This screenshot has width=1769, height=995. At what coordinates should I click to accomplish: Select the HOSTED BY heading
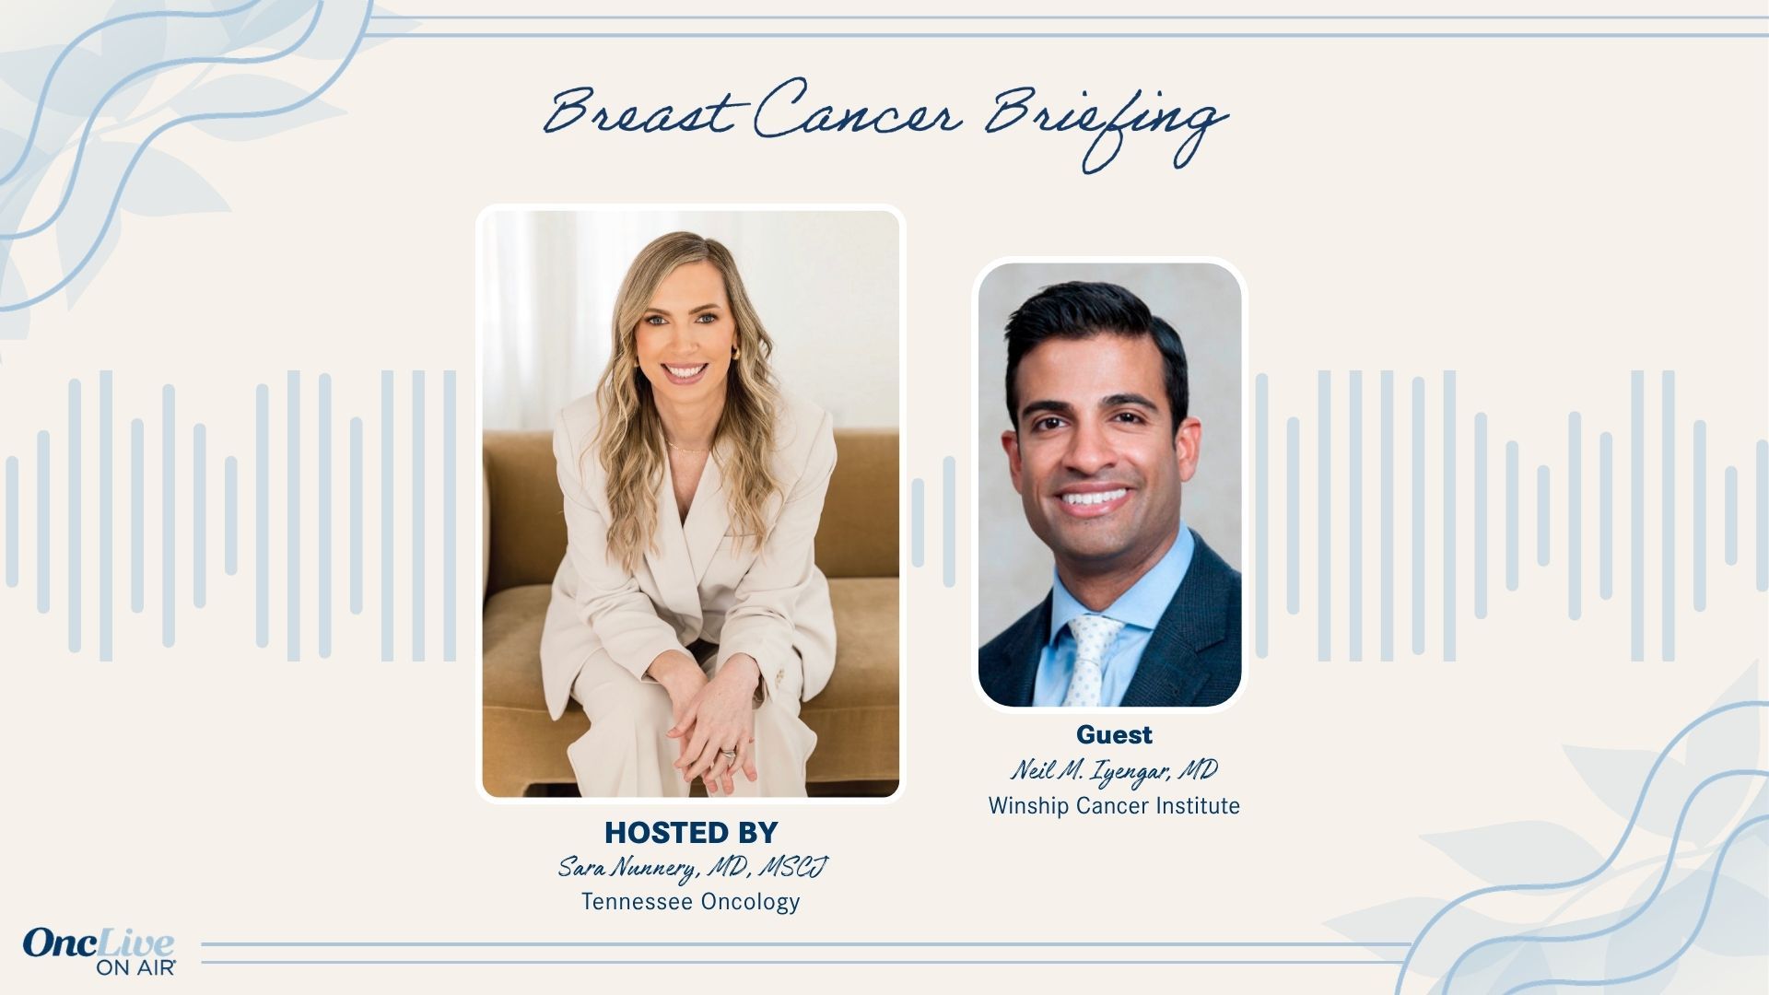[691, 832]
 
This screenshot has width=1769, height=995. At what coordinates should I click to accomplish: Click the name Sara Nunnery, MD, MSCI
[692, 867]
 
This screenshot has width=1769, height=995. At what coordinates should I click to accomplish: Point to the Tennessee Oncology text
[690, 901]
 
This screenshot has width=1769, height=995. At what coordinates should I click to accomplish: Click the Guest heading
[1114, 734]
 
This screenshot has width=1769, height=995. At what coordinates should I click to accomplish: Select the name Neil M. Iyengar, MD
[1114, 770]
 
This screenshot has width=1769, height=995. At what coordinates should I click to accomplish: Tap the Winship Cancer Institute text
[1114, 806]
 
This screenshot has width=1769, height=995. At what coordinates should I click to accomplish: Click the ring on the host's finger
[730, 755]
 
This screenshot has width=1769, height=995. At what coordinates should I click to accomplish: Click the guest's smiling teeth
[1096, 500]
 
